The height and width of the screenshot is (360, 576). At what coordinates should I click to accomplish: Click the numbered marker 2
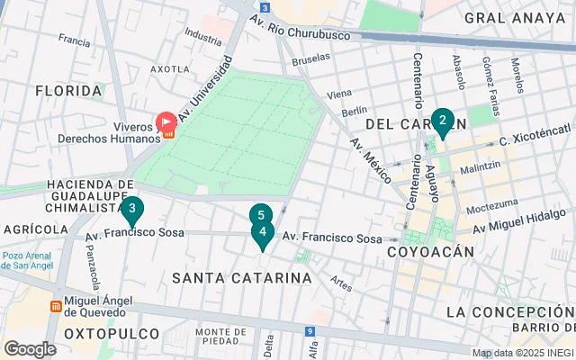(x=441, y=121)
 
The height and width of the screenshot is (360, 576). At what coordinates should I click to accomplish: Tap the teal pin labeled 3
(x=132, y=211)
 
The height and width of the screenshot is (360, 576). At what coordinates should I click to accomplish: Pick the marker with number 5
(x=260, y=215)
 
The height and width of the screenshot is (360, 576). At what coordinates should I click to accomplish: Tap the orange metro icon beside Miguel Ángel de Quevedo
(x=56, y=306)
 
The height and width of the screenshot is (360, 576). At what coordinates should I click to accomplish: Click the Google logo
(x=30, y=349)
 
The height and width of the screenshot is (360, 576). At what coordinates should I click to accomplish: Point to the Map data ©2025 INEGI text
(x=522, y=353)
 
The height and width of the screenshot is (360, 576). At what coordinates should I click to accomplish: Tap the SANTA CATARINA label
(x=242, y=278)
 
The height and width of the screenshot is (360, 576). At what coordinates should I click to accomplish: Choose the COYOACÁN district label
(x=429, y=253)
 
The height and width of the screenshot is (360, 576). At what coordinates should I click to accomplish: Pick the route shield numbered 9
(x=310, y=332)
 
